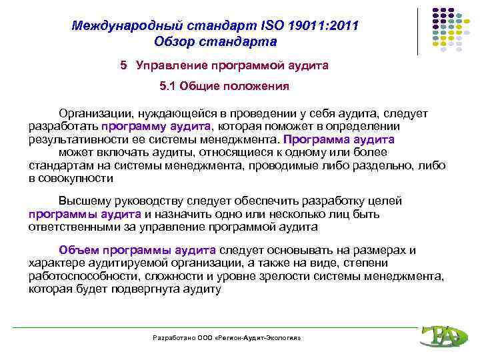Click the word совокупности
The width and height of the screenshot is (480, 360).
pos(75,179)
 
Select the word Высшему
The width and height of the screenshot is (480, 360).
pos(82,201)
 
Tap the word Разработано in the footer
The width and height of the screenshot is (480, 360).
pos(173,338)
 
